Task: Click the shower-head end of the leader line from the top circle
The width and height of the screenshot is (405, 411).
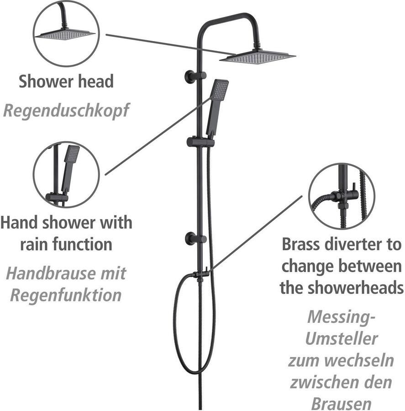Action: point(236,55)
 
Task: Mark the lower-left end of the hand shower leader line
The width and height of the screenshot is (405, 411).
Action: point(105,174)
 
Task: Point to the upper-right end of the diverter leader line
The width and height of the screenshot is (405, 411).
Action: point(302,196)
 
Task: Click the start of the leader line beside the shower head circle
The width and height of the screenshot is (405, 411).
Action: point(106,34)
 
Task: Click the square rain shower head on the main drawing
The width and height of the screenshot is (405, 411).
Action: point(258,56)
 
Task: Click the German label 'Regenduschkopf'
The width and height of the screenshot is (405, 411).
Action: point(66,111)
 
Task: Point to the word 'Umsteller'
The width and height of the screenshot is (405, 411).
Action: point(341,338)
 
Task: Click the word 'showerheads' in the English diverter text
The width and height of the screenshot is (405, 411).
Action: point(355,288)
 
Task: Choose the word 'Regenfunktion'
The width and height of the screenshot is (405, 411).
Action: point(66,295)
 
